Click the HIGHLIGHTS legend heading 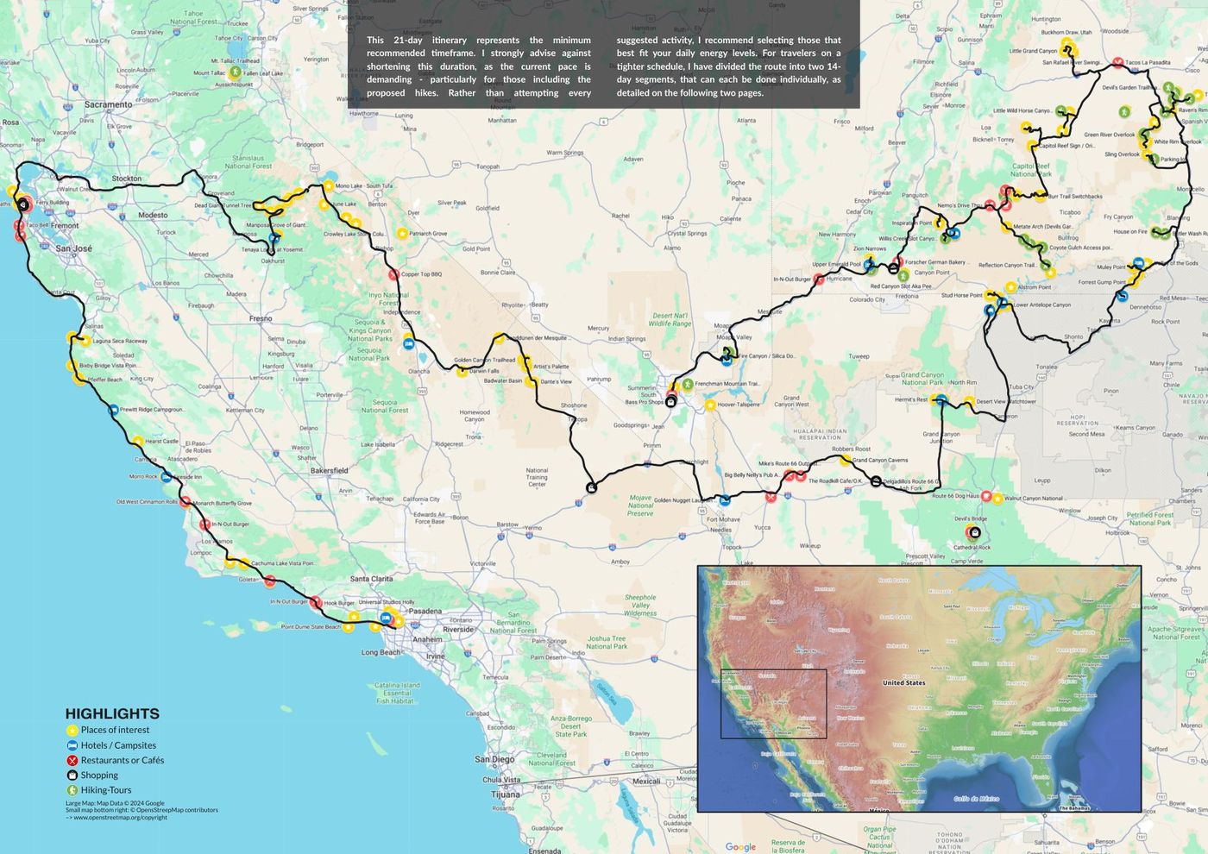[x=112, y=713]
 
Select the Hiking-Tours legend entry [x=106, y=790]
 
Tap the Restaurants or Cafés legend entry [x=122, y=760]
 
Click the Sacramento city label [x=109, y=104]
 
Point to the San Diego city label [x=494, y=759]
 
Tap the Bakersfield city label [x=329, y=470]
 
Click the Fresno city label [x=261, y=318]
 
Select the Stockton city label [x=126, y=179]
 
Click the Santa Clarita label [x=372, y=579]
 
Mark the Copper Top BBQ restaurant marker [x=393, y=275]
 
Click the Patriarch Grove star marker [x=402, y=233]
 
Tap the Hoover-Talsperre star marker [x=710, y=405]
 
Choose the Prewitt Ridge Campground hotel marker [x=113, y=410]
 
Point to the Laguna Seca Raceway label [x=119, y=341]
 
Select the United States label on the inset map [x=903, y=682]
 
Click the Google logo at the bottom [x=740, y=846]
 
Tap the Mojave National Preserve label [x=640, y=505]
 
